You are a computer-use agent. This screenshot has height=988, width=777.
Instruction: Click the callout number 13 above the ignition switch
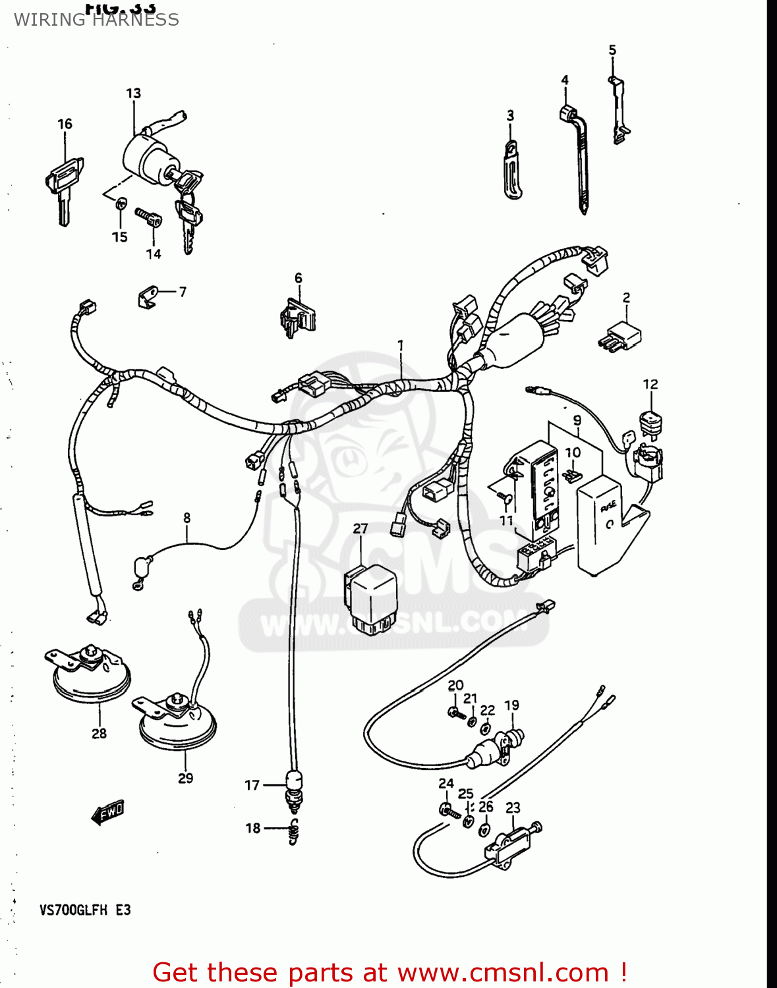click(x=133, y=94)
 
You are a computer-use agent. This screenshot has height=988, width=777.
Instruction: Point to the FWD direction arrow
click(x=107, y=813)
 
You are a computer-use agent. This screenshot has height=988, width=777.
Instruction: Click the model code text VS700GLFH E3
click(x=85, y=910)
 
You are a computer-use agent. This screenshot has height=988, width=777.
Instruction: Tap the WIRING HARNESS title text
click(x=96, y=20)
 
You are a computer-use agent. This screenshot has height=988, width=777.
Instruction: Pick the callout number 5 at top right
click(x=612, y=50)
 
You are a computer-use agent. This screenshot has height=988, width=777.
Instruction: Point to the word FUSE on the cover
click(x=608, y=506)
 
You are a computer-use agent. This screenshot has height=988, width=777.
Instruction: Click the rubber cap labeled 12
click(x=651, y=422)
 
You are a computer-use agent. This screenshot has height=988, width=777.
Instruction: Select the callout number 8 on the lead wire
click(x=187, y=518)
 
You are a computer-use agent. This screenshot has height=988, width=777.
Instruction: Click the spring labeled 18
click(x=295, y=831)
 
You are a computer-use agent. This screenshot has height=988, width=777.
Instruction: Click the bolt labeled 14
click(x=148, y=217)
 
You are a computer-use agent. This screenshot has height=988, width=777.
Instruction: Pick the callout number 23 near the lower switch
click(x=513, y=808)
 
